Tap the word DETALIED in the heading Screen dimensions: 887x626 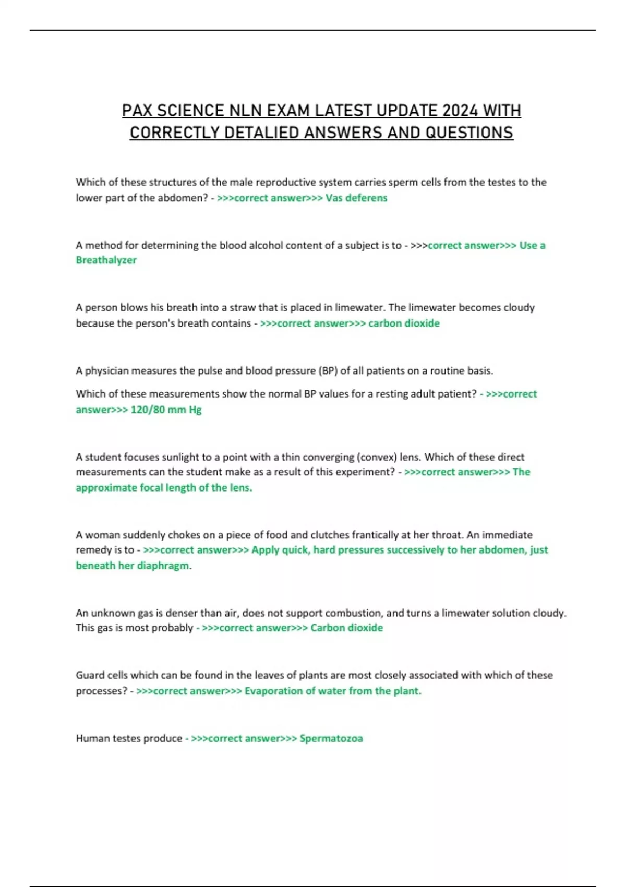coord(262,133)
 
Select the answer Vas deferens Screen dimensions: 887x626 coord(356,198)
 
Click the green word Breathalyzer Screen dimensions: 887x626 coord(106,260)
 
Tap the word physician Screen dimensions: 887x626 coord(107,370)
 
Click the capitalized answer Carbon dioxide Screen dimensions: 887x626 coord(346,628)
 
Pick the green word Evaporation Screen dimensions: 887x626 coord(273,691)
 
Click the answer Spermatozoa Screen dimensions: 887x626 coord(331,738)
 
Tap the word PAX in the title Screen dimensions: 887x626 coord(137,111)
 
